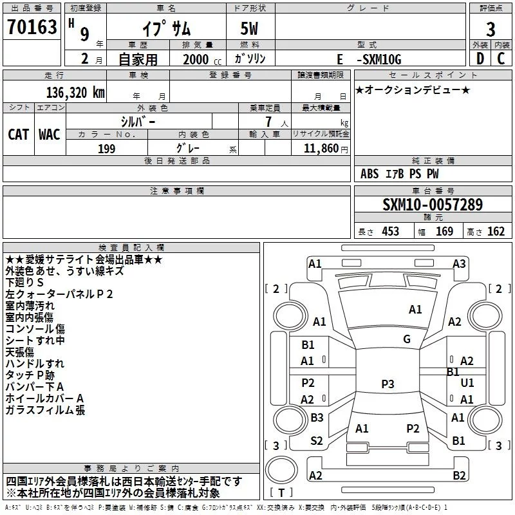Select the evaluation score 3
click(491, 30)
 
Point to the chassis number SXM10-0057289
click(432, 205)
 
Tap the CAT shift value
click(19, 134)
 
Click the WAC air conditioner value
click(50, 134)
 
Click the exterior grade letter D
click(480, 59)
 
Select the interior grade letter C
click(501, 59)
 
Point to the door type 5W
click(250, 29)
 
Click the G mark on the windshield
click(407, 339)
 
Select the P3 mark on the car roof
click(388, 384)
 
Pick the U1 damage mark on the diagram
click(467, 382)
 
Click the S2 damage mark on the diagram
click(317, 440)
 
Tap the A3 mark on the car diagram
click(459, 263)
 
